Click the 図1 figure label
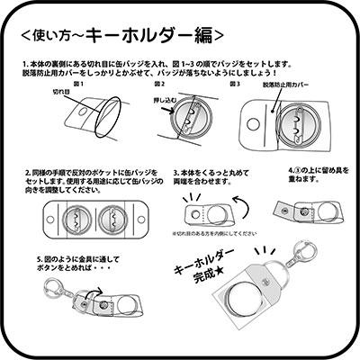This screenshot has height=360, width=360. tap(77, 83)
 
